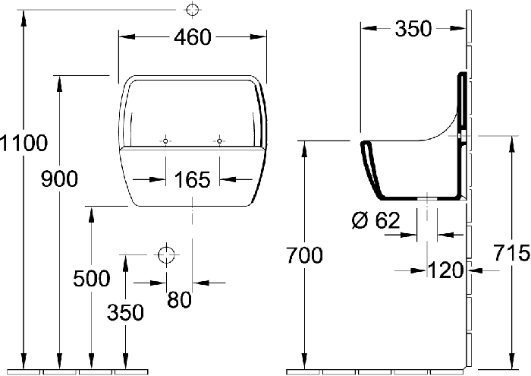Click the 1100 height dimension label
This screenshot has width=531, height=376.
pos(24,143)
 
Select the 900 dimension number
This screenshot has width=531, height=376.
pos(60,179)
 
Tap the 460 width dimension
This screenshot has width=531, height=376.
pos(193,37)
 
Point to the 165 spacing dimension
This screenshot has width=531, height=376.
pos(192,180)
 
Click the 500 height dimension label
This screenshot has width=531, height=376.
pos(92,278)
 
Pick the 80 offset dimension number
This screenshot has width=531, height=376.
pos(179,299)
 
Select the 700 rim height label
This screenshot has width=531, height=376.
pos(304,255)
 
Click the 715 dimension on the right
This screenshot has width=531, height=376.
pos(511,253)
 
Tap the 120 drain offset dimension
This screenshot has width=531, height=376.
pos(446,270)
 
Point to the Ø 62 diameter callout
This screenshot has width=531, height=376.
pos(376,220)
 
